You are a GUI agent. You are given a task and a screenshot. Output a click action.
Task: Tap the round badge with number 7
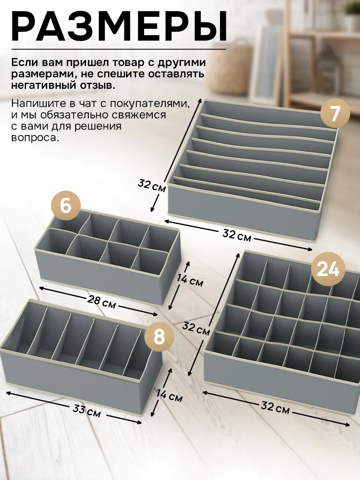(x=335, y=113)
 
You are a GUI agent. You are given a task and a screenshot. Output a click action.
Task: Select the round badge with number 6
(x=66, y=206)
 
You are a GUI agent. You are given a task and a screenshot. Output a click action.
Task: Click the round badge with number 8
(x=159, y=336)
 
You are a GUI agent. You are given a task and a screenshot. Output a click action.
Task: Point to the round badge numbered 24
(x=328, y=270)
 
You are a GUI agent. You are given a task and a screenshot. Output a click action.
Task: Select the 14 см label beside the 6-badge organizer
(x=190, y=280)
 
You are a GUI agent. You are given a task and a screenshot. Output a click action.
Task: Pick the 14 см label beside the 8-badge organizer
(x=169, y=396)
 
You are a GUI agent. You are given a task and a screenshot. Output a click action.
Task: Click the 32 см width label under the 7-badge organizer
(x=237, y=236)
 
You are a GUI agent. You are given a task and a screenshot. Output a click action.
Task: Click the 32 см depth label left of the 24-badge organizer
(x=196, y=329)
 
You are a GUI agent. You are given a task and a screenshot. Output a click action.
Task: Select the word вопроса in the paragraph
(x=35, y=138)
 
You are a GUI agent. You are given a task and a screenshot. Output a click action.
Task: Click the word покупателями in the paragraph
(x=150, y=104)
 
